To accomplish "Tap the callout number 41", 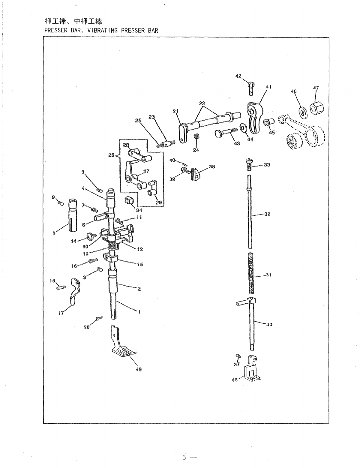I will coord(268,87).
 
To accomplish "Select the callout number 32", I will coord(267,214).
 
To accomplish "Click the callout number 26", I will coord(111,155).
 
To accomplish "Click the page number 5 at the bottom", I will coord(184,457).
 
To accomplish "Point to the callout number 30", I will coord(269,324).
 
